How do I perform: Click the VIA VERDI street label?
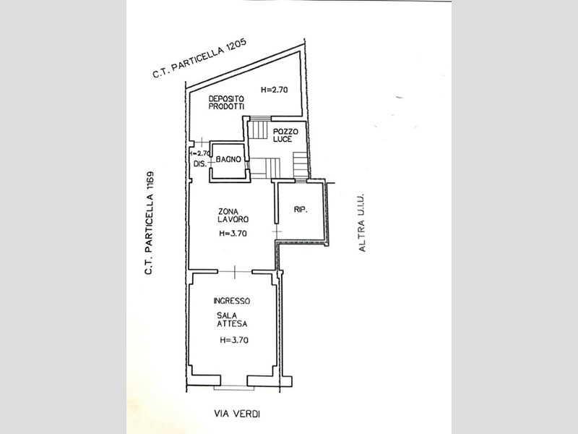tap(236, 414)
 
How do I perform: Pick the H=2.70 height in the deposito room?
tap(275, 90)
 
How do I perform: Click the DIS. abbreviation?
tap(200, 163)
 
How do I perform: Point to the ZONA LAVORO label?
tap(233, 215)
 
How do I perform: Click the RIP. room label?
tap(300, 210)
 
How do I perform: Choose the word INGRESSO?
tap(231, 301)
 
